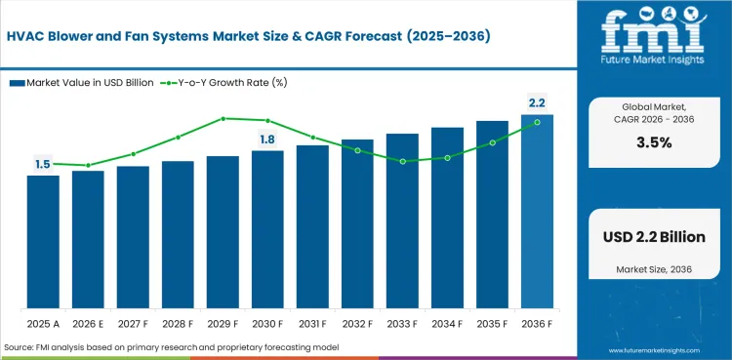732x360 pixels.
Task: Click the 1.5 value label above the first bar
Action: (43, 165)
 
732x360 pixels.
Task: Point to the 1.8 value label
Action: (267, 140)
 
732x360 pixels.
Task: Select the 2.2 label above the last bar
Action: (537, 103)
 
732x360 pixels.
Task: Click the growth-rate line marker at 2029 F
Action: (223, 118)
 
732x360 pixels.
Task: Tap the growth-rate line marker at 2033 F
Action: (402, 161)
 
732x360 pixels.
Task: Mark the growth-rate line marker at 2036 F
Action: (537, 122)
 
